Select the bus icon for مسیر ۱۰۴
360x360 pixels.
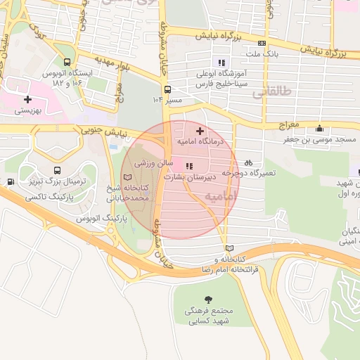pyautogui.click(x=167, y=89)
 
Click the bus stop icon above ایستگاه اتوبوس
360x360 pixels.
pyautogui.click(x=67, y=62)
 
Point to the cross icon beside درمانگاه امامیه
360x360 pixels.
pyautogui.click(x=200, y=131)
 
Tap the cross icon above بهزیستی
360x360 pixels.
pyautogui.click(x=27, y=100)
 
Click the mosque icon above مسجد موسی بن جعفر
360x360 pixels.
pyautogui.click(x=320, y=129)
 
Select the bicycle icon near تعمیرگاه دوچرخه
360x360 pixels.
pyautogui.click(x=249, y=162)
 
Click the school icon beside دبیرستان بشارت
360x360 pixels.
pyautogui.click(x=188, y=166)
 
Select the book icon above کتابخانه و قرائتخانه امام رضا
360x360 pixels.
pyautogui.click(x=229, y=248)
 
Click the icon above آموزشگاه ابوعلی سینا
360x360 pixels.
pyautogui.click(x=223, y=62)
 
